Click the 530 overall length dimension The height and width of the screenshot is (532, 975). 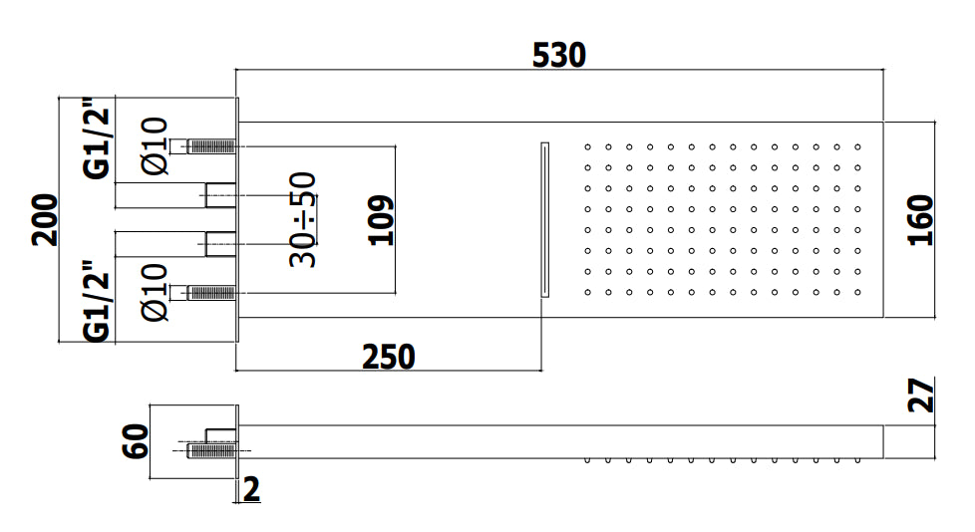coord(558,55)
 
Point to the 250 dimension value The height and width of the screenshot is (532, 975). coord(389,356)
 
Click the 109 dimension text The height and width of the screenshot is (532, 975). coord(381,220)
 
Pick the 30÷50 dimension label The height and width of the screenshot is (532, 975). coord(303,219)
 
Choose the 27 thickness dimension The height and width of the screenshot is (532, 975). coord(922,396)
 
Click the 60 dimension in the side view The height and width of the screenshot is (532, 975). coord(136,439)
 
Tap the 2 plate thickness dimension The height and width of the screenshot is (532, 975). coord(251,489)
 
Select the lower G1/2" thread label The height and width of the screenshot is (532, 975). coord(97,301)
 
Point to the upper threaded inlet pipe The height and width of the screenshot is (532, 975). coord(210,146)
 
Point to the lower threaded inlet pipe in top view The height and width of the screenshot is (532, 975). coord(210,292)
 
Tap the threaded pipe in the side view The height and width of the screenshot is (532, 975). coord(212,450)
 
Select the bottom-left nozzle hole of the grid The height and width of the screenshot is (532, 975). coord(588,292)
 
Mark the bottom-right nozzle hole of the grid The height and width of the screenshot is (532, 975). coord(857,292)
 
